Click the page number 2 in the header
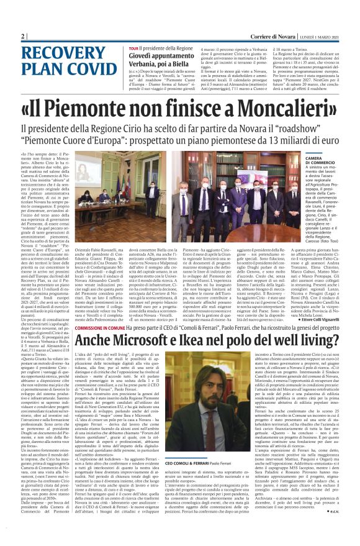coord(23,36)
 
